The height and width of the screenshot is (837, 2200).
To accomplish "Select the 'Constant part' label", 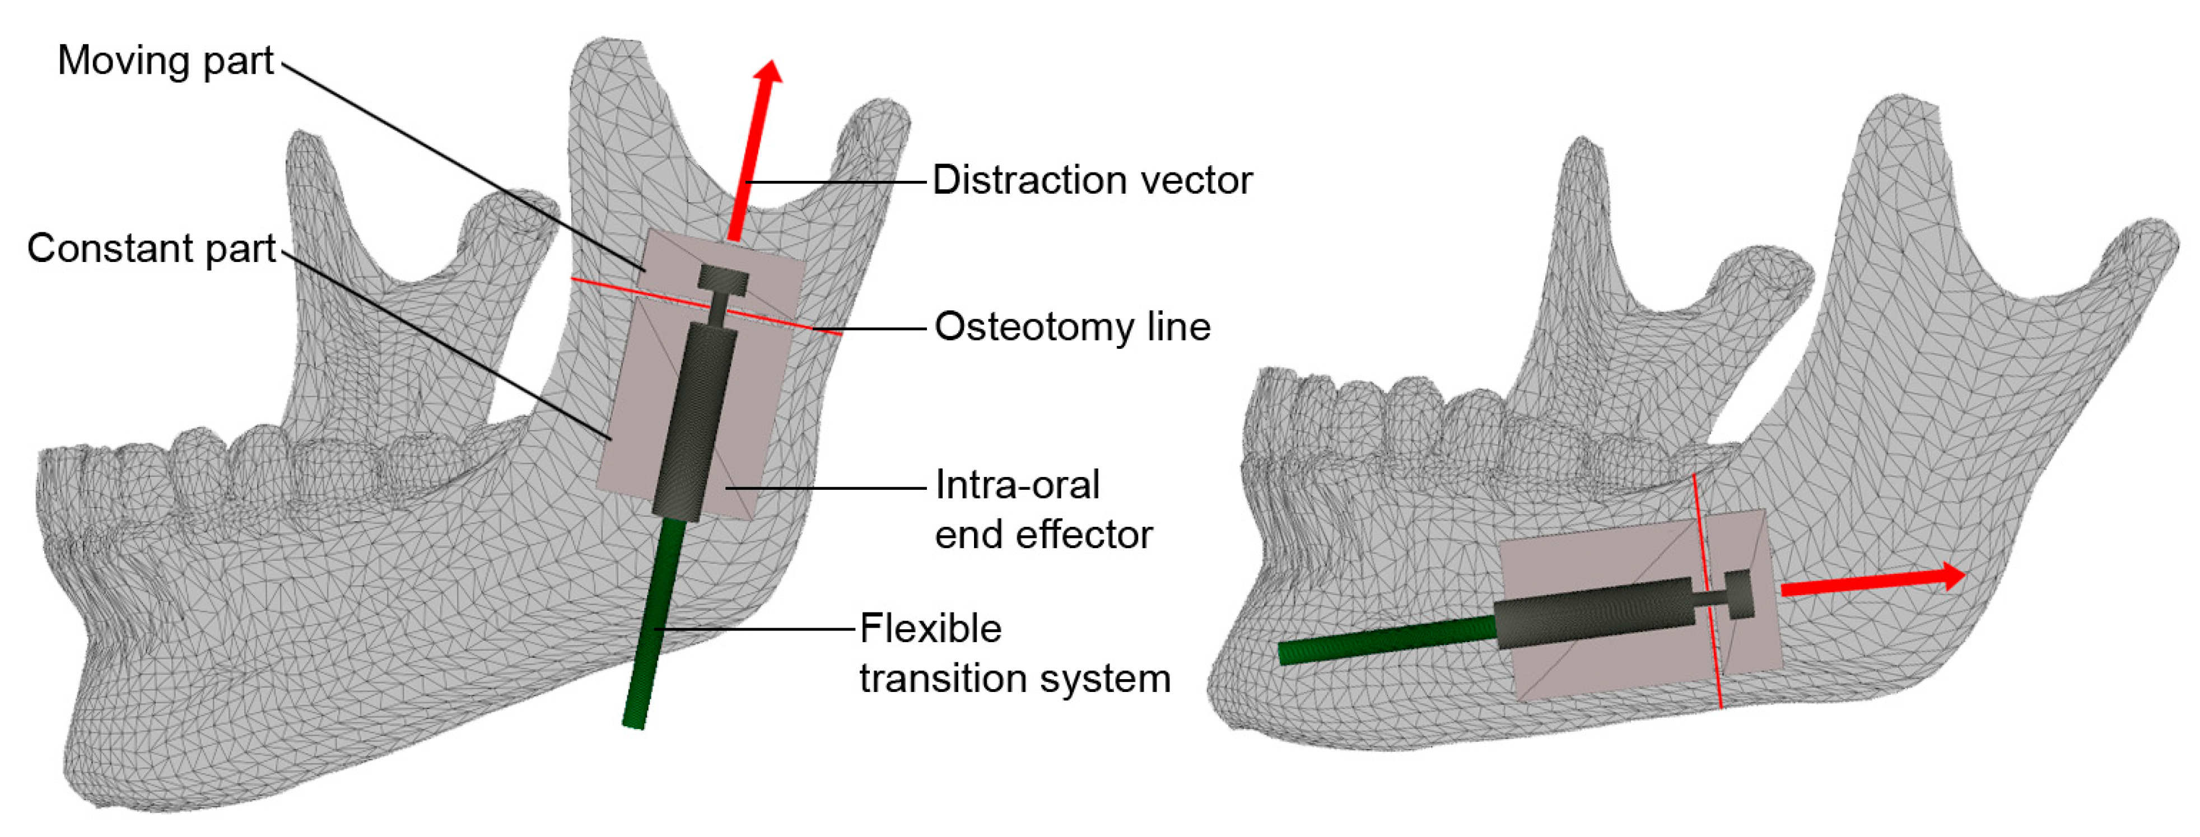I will [151, 249].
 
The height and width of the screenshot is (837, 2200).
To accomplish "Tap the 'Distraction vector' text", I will [1092, 181].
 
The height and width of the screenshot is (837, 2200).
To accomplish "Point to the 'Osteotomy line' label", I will [1072, 327].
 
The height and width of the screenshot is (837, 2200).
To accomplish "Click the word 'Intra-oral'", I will [1017, 485].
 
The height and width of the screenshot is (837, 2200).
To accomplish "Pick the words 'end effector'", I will [1043, 535].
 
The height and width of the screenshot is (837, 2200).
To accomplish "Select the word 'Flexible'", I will [930, 629].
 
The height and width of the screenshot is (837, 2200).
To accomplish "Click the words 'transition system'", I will [1015, 678].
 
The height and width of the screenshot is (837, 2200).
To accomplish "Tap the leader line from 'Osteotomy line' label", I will [880, 329].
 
